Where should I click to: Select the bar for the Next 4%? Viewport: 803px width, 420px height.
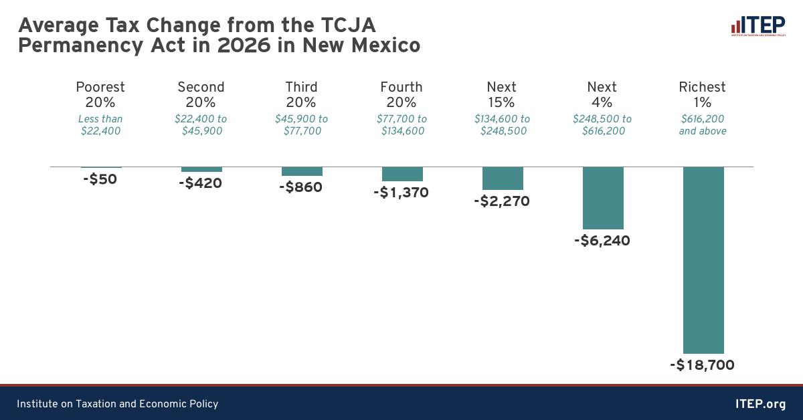[603, 198]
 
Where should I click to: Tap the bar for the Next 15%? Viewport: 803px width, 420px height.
[503, 178]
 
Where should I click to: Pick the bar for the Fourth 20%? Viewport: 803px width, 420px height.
[402, 174]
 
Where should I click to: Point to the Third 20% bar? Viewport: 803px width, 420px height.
[302, 171]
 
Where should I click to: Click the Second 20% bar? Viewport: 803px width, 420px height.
[201, 169]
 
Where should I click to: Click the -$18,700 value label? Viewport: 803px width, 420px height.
[702, 365]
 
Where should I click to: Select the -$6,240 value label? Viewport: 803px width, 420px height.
[602, 241]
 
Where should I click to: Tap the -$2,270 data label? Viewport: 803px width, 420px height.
[502, 201]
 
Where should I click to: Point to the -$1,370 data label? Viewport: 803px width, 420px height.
[401, 193]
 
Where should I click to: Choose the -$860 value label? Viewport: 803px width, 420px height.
[301, 187]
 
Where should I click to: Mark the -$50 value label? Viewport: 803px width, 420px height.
[100, 179]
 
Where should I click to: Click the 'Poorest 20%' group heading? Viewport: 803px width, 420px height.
[100, 94]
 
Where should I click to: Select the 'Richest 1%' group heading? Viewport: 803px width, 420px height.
[702, 94]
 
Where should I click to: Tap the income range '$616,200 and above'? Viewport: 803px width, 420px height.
[702, 125]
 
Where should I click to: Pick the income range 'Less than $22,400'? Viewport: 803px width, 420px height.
[100, 125]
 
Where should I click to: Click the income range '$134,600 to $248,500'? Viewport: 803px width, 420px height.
[502, 125]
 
